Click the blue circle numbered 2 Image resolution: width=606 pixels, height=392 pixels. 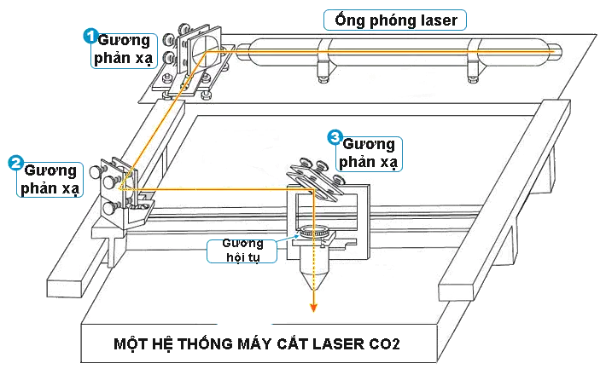click(x=15, y=160)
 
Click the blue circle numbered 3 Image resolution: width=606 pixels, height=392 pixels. click(x=335, y=136)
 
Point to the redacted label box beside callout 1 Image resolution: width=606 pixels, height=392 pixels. click(x=125, y=52)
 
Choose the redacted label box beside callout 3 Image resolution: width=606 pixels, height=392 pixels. click(x=369, y=154)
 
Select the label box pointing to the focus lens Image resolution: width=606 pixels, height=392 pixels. click(x=243, y=251)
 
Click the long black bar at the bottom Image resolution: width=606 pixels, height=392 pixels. click(x=255, y=344)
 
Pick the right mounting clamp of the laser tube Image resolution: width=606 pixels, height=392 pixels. click(x=472, y=60)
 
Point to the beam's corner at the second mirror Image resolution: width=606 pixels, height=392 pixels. click(x=122, y=187)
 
